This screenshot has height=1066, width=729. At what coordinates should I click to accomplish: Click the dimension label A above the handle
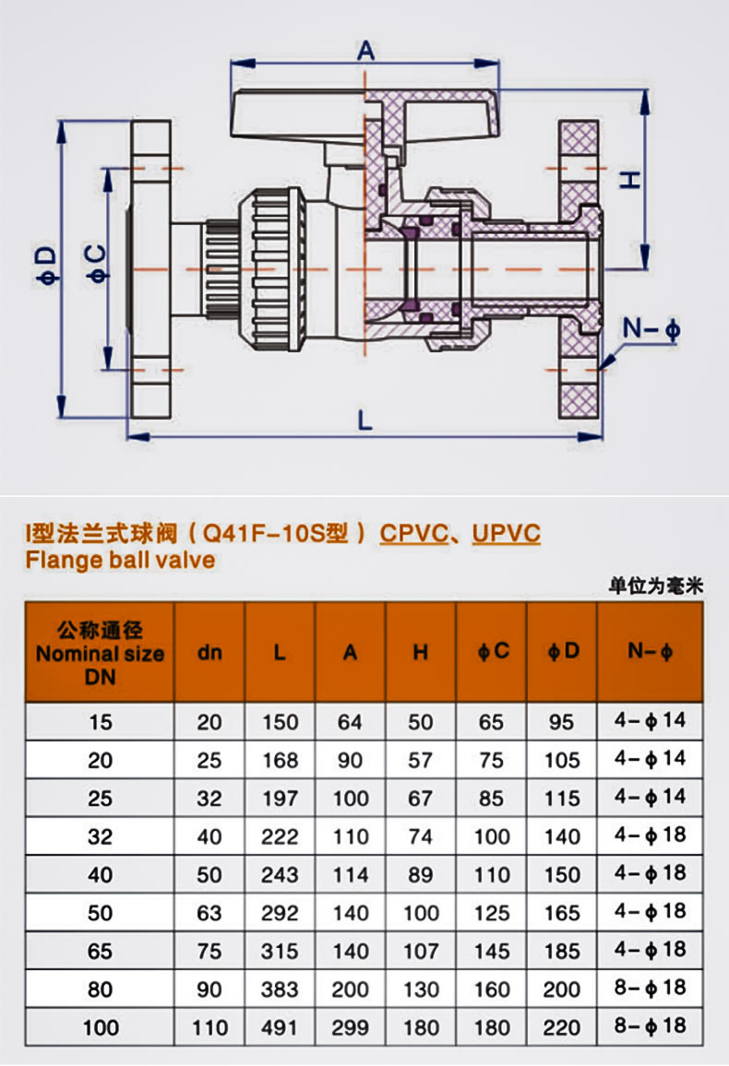pos(365,51)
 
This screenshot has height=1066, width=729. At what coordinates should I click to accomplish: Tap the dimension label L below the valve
pos(365,420)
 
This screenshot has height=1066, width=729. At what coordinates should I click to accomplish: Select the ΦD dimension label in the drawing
pos(47,266)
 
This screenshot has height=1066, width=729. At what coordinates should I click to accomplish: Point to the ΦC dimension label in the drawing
pos(97,264)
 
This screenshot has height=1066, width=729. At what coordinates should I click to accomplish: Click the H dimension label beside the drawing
pos(630,180)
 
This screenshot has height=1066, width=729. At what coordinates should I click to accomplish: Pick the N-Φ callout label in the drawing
pos(651,329)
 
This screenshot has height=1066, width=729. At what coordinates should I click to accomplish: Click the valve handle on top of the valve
pos(365,115)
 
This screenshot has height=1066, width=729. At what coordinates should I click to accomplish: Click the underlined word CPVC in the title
pos(412,533)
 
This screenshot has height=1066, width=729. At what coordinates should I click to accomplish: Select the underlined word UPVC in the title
pos(506,533)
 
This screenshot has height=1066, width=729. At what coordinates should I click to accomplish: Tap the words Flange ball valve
pos(120,560)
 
